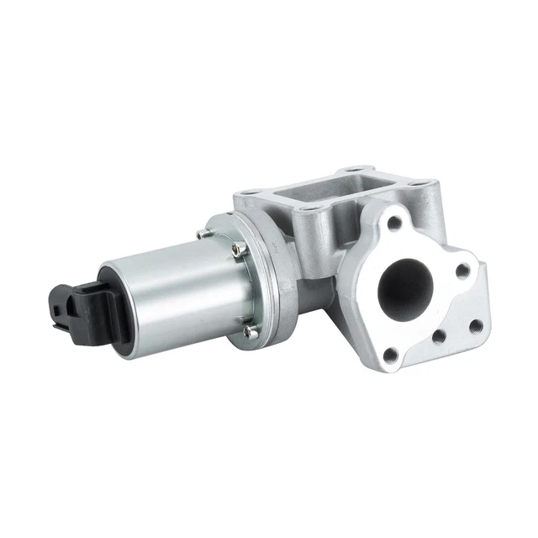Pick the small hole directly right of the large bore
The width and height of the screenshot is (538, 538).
462,272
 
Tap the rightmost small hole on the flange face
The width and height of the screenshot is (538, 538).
475,326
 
